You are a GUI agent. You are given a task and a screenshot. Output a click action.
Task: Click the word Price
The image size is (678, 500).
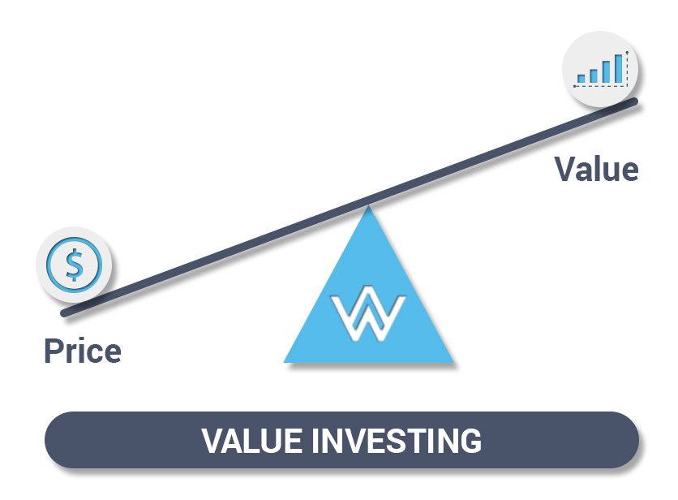(82, 351)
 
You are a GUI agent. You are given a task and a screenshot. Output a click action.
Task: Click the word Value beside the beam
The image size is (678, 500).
(596, 169)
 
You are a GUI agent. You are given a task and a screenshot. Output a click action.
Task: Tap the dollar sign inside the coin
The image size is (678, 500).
(74, 264)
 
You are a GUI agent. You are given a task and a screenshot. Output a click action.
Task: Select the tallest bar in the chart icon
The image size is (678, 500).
(618, 68)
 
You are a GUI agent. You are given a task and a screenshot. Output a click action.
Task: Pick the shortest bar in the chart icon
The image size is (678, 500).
(581, 79)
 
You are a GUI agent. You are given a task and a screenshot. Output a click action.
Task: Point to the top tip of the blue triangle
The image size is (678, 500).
(369, 207)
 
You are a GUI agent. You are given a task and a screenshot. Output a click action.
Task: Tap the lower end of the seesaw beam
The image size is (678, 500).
(65, 312)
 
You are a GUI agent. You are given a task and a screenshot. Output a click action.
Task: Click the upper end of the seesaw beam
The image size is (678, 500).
(635, 101)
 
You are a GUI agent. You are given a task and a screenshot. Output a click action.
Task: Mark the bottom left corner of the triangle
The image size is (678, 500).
(285, 361)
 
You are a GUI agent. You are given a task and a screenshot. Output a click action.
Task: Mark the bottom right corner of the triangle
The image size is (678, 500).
(453, 361)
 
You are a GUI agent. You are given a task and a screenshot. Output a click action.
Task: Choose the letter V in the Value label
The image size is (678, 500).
(566, 169)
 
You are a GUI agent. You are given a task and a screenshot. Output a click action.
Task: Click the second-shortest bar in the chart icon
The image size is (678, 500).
(593, 75)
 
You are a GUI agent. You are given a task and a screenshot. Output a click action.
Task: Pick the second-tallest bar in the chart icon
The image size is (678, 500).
(605, 72)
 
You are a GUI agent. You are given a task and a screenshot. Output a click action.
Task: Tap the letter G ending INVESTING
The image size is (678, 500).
(470, 441)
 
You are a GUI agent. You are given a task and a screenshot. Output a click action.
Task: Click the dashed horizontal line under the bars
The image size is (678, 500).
(600, 84)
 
